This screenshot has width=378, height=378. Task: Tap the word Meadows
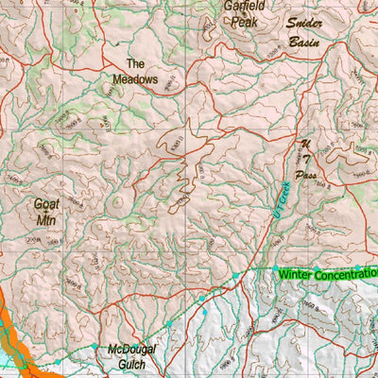click(135, 79)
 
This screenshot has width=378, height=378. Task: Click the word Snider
click(306, 26)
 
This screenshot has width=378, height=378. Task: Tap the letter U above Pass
click(305, 145)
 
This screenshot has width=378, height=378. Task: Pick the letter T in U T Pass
click(305, 160)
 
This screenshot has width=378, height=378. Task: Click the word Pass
click(305, 176)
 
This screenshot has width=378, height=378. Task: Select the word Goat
click(45, 203)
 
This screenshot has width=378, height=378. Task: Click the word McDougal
click(130, 348)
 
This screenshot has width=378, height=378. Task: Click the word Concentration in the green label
click(345, 274)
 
